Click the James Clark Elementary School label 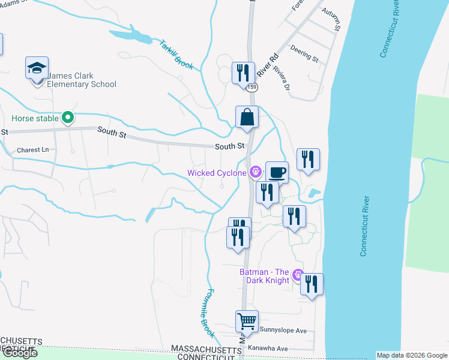pyautogui.click(x=82, y=80)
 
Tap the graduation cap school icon pyautogui.click(x=37, y=69)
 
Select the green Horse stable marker pyautogui.click(x=68, y=118)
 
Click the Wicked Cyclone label pyautogui.click(x=217, y=173)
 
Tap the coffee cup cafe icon pyautogui.click(x=277, y=173)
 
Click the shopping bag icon pyautogui.click(x=247, y=117)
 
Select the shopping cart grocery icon pyautogui.click(x=247, y=322)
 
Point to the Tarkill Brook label pyautogui.click(x=176, y=55)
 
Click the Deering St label pyautogui.click(x=304, y=52)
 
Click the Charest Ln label pyautogui.click(x=32, y=150)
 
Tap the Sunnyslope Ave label pyautogui.click(x=283, y=331)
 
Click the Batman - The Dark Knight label pyautogui.click(x=265, y=276)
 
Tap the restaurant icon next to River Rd pyautogui.click(x=242, y=74)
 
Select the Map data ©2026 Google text pyautogui.click(x=412, y=355)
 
